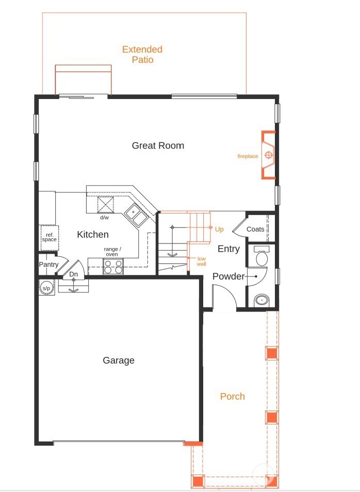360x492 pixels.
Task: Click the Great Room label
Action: point(158,145)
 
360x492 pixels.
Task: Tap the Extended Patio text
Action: point(142,55)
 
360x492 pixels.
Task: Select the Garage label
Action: point(119,360)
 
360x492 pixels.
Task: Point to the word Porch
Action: point(233,396)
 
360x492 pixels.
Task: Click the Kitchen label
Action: point(93,235)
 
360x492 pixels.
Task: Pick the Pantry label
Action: point(48,265)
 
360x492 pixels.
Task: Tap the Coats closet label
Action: point(255,229)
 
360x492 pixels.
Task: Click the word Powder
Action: point(228,276)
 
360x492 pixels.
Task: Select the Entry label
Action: point(228,249)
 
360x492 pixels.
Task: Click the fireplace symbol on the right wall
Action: point(269,155)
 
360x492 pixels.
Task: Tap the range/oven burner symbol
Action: point(113,266)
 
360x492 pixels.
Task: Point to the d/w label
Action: point(104,218)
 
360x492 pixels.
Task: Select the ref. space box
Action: point(49,238)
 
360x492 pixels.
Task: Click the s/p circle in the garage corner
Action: point(46,288)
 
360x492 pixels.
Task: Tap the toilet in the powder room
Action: point(261,257)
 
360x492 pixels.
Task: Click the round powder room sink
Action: point(262,299)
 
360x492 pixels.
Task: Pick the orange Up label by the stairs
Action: point(219,228)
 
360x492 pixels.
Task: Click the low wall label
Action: point(202,261)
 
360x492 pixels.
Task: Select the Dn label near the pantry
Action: point(74,274)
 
